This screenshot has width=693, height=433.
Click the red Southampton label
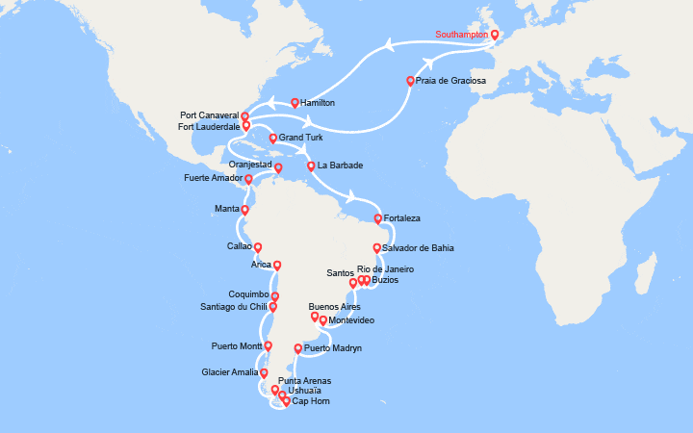point(461,35)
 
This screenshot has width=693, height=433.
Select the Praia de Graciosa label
point(451,81)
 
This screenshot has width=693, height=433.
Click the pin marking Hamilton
point(295,102)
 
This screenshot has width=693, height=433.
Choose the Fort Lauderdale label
point(209,126)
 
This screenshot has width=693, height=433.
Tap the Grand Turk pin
point(273,139)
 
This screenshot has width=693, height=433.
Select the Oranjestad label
point(237,165)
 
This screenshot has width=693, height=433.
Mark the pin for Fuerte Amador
point(248,179)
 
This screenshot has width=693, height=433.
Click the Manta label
point(226,208)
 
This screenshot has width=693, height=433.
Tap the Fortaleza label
point(401,219)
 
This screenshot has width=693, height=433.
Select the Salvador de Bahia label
point(417,248)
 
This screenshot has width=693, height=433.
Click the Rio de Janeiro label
point(385,268)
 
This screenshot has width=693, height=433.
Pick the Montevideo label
point(351,320)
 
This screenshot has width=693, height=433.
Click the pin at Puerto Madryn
point(297,349)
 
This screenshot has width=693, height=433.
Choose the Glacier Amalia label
point(229,372)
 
